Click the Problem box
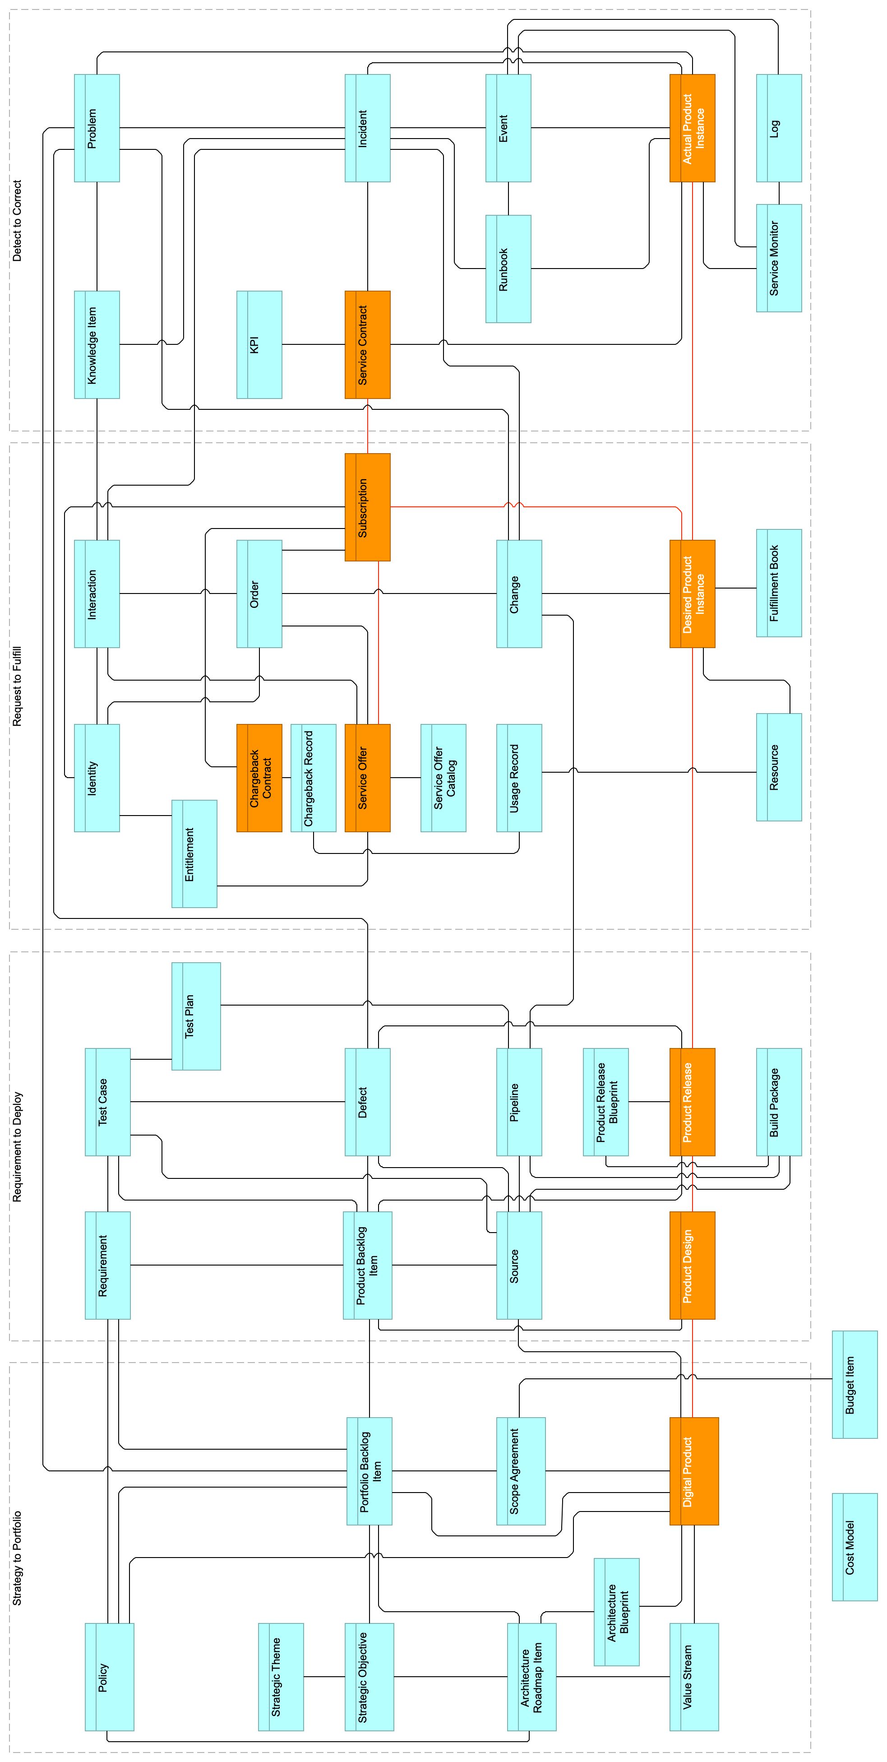[x=97, y=128]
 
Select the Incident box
[x=367, y=128]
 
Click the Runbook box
[x=508, y=269]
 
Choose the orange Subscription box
[x=367, y=507]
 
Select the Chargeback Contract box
[x=259, y=778]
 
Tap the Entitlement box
[x=194, y=853]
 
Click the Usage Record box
[x=518, y=778]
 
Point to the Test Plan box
[x=196, y=1016]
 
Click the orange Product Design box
[x=692, y=1266]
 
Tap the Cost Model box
[x=854, y=1547]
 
